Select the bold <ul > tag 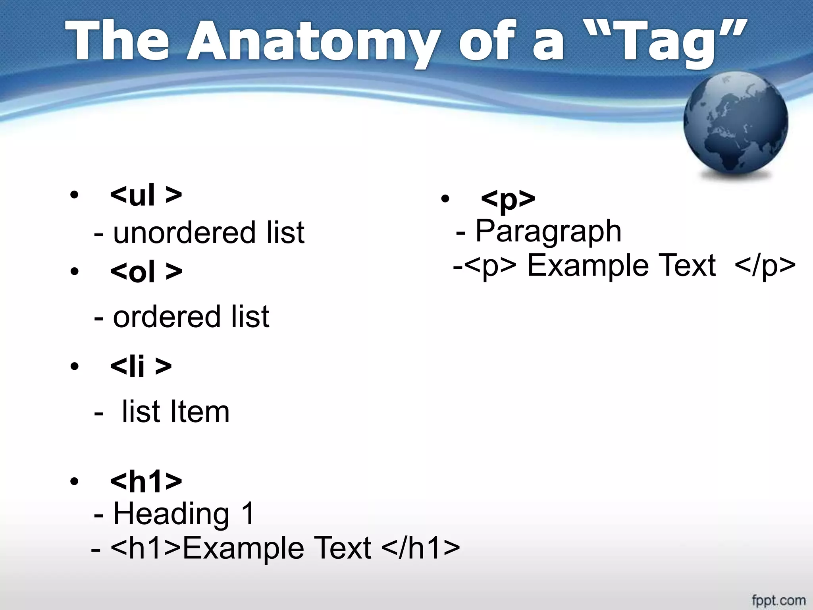click(146, 195)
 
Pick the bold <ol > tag click(146, 272)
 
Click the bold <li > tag click(141, 366)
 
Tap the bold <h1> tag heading click(146, 481)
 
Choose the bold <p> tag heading click(508, 198)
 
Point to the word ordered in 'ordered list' click(166, 317)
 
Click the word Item click(199, 411)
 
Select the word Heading click(171, 514)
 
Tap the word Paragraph click(548, 231)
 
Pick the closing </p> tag click(765, 265)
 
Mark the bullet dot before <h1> click(74, 481)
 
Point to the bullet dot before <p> click(445, 198)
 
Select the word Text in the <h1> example click(342, 548)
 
